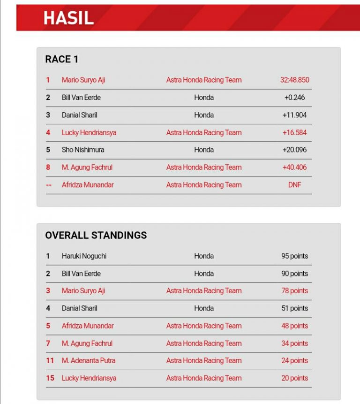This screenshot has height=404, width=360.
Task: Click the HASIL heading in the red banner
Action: (68, 18)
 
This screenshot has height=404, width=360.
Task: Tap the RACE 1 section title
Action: (61, 59)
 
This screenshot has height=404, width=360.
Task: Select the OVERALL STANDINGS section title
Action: (96, 235)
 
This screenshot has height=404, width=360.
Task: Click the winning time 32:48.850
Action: (294, 80)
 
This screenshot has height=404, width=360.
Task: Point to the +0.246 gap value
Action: (294, 98)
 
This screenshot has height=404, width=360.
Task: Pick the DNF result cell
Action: (294, 185)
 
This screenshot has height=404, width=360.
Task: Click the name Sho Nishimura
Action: (83, 150)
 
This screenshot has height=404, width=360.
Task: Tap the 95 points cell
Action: (294, 256)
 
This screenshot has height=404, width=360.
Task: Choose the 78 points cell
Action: (294, 291)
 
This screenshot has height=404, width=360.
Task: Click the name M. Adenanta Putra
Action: (88, 360)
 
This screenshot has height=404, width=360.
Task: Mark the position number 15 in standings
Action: (50, 378)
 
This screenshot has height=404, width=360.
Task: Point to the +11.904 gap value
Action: (294, 115)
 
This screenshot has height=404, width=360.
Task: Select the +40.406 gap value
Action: (294, 167)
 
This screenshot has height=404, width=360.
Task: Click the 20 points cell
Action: (294, 378)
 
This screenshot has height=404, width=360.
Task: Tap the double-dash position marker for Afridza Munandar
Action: (49, 185)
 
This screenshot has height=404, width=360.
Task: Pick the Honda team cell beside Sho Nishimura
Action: (204, 150)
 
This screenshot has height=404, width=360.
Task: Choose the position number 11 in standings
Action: (50, 360)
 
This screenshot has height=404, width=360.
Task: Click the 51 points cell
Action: (294, 308)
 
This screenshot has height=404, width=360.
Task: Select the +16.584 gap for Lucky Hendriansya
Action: (294, 133)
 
